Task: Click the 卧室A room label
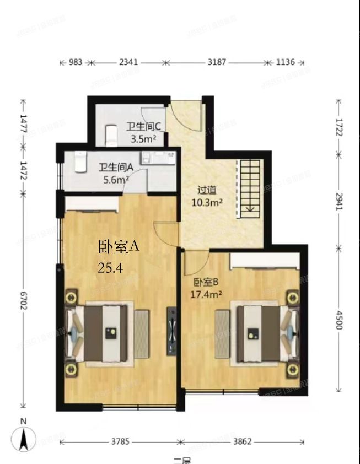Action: pos(119,247)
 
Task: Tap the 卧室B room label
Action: pos(206,283)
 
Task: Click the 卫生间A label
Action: pos(116,167)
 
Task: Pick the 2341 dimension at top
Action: pos(128,63)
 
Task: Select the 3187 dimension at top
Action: pos(217,63)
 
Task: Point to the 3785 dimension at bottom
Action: pos(120,441)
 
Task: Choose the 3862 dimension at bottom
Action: pos(241,441)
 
